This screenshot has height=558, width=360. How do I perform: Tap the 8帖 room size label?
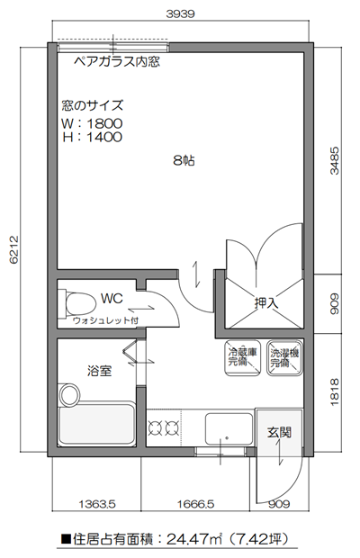click(184, 161)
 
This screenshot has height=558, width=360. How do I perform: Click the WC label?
click(112, 298)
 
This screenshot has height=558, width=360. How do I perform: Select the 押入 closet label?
click(266, 303)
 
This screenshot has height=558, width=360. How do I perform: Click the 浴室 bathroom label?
click(99, 370)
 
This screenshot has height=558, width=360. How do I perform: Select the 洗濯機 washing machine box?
click(284, 358)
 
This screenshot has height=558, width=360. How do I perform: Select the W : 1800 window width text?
click(92, 123)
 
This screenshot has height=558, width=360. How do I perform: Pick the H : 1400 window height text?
click(92, 137)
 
